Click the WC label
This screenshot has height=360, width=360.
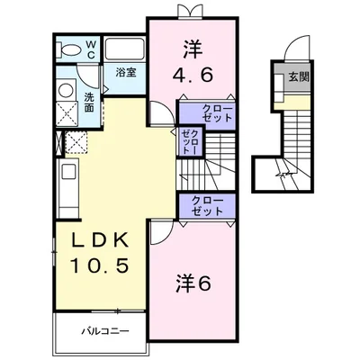pyautogui.click(x=92, y=49)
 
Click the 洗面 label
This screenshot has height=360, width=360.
pyautogui.click(x=89, y=102)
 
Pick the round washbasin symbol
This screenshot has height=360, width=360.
pyautogui.click(x=65, y=91)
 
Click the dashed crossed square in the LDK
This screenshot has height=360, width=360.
pyautogui.click(x=75, y=142)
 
